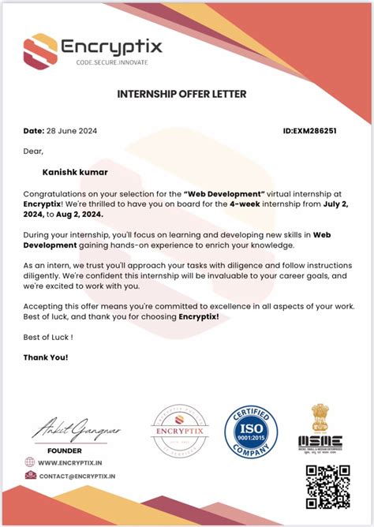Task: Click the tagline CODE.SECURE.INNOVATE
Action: pyautogui.click(x=111, y=62)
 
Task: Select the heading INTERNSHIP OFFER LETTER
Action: pyautogui.click(x=181, y=94)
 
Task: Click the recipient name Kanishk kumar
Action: pyautogui.click(x=76, y=170)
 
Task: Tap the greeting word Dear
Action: pyautogui.click(x=33, y=150)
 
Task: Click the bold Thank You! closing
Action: pyautogui.click(x=46, y=357)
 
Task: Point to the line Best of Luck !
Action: pyautogui.click(x=48, y=337)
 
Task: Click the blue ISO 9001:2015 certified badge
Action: pyautogui.click(x=251, y=431)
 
